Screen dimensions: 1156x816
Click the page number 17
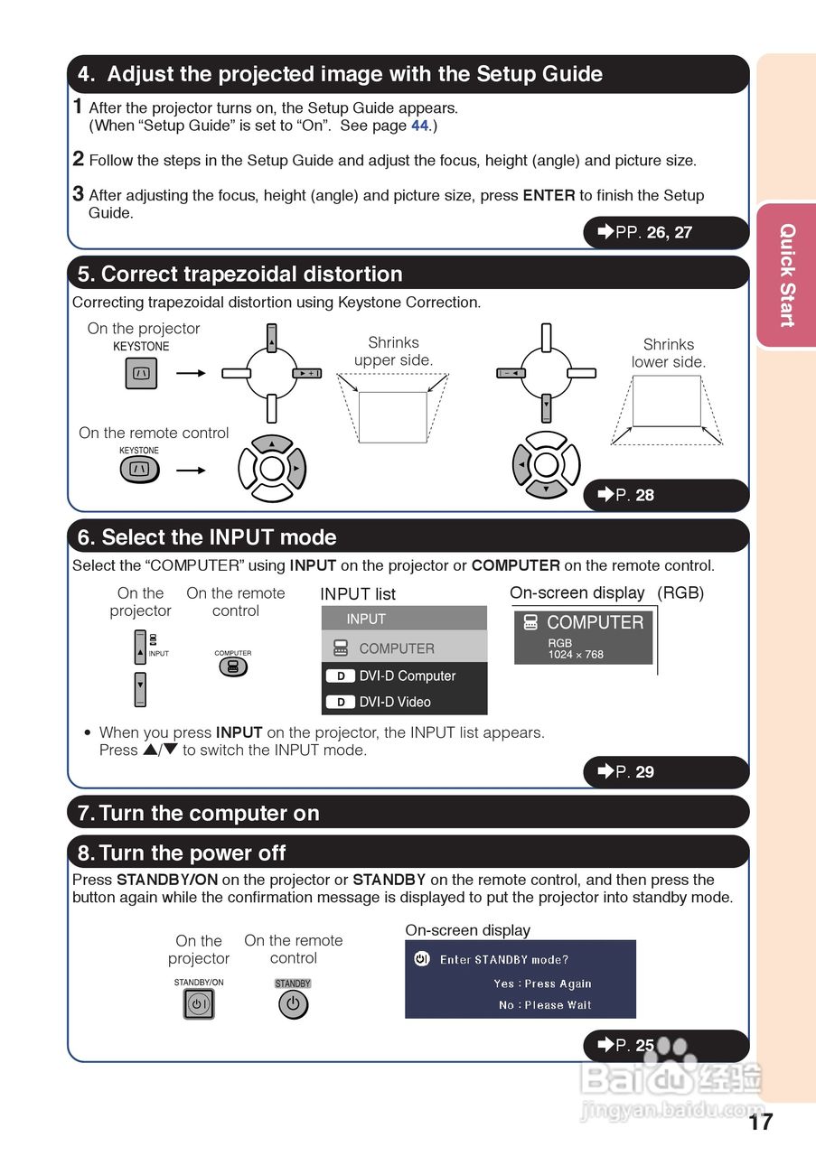pos(761,1122)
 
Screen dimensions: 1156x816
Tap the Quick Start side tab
pos(786,275)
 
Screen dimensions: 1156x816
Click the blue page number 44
pos(420,126)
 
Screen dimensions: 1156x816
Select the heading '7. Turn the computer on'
pos(209,813)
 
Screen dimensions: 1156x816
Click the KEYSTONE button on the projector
pos(141,373)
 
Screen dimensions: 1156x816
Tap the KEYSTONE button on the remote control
pos(139,469)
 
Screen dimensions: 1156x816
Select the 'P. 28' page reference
pos(635,495)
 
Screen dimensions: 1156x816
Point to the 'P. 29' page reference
pos(635,772)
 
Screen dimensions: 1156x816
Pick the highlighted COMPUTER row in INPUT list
pos(404,648)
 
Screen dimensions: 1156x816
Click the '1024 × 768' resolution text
pos(576,655)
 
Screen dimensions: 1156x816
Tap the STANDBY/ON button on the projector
pos(199,1004)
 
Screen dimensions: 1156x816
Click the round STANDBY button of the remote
pos(293,1004)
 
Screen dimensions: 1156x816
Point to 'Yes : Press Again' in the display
pos(542,984)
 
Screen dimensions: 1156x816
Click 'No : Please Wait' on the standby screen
pos(545,1005)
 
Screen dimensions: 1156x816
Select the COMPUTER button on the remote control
pos(232,667)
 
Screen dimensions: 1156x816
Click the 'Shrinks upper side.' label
pos(393,351)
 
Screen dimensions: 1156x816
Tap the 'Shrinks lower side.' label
pos(669,353)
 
